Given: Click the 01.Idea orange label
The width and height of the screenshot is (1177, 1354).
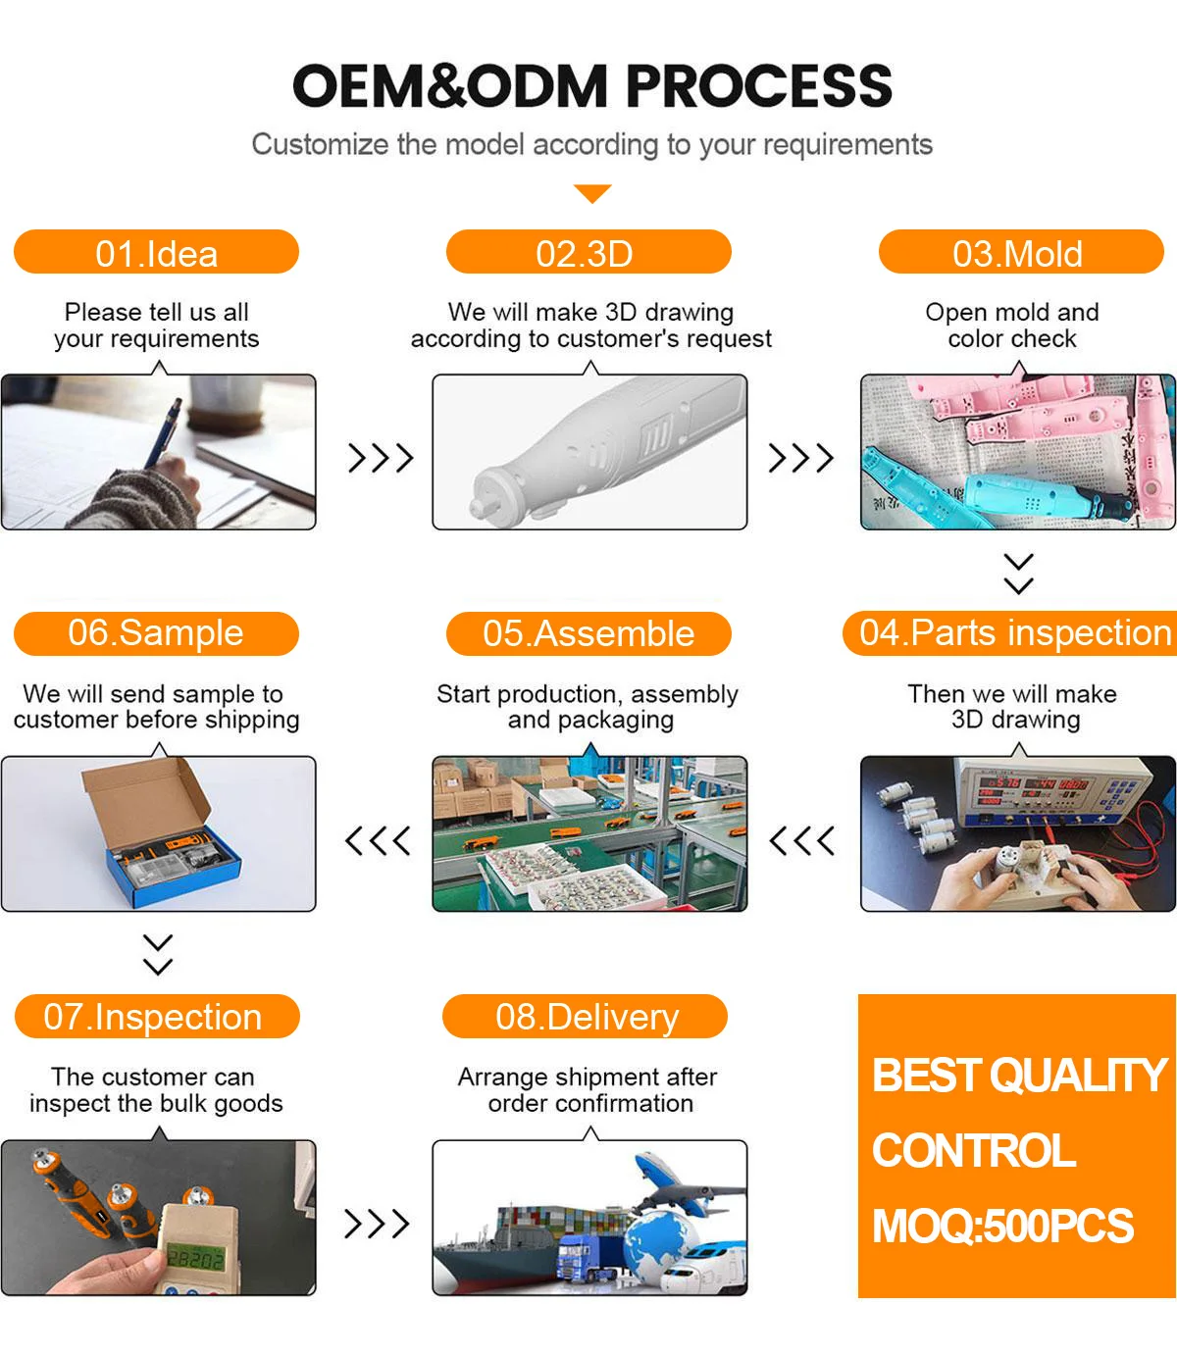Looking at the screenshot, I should point(156,253).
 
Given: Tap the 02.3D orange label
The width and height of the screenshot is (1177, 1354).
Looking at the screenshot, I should point(588,253).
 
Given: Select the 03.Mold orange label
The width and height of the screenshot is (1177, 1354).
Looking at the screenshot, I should point(1020,253).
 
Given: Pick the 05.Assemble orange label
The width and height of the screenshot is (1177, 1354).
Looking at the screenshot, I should point(588,633).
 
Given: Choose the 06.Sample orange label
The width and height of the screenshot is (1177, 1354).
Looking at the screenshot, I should point(156,633).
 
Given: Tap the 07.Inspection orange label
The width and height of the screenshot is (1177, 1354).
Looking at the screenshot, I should point(156,1017).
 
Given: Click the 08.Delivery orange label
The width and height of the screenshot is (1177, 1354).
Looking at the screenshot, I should point(586,1017).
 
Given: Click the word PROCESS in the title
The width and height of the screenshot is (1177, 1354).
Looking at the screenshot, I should point(759,86).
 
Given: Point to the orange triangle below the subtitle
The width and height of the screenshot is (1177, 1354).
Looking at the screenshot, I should point(592,193).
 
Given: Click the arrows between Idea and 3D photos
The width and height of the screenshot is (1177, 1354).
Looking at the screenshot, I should point(381,458).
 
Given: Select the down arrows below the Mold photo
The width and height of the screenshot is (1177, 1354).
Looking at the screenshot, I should point(1019,574).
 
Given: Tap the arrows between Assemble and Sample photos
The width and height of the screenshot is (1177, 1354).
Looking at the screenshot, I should point(379,840).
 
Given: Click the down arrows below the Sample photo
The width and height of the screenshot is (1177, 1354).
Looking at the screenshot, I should point(158,954).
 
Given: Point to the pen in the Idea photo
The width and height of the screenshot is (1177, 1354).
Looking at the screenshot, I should point(162,432).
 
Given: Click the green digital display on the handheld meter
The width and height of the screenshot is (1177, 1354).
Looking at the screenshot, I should point(195,1256).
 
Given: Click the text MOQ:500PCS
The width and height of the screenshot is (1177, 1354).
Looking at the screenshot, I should point(1002,1227).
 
